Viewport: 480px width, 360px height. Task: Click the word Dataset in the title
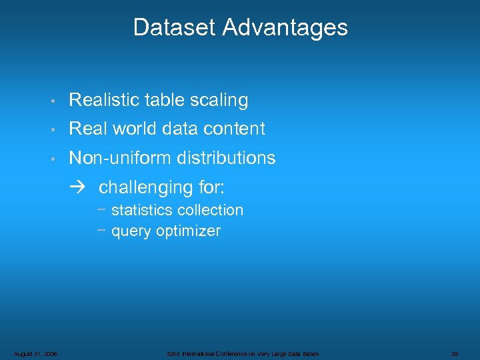click(x=175, y=27)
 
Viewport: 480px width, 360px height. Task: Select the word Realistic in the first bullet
click(x=101, y=100)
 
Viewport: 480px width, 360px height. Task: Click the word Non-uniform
click(x=120, y=158)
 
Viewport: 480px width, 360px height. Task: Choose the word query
click(x=131, y=231)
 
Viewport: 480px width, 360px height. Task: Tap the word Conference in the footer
click(x=239, y=353)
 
